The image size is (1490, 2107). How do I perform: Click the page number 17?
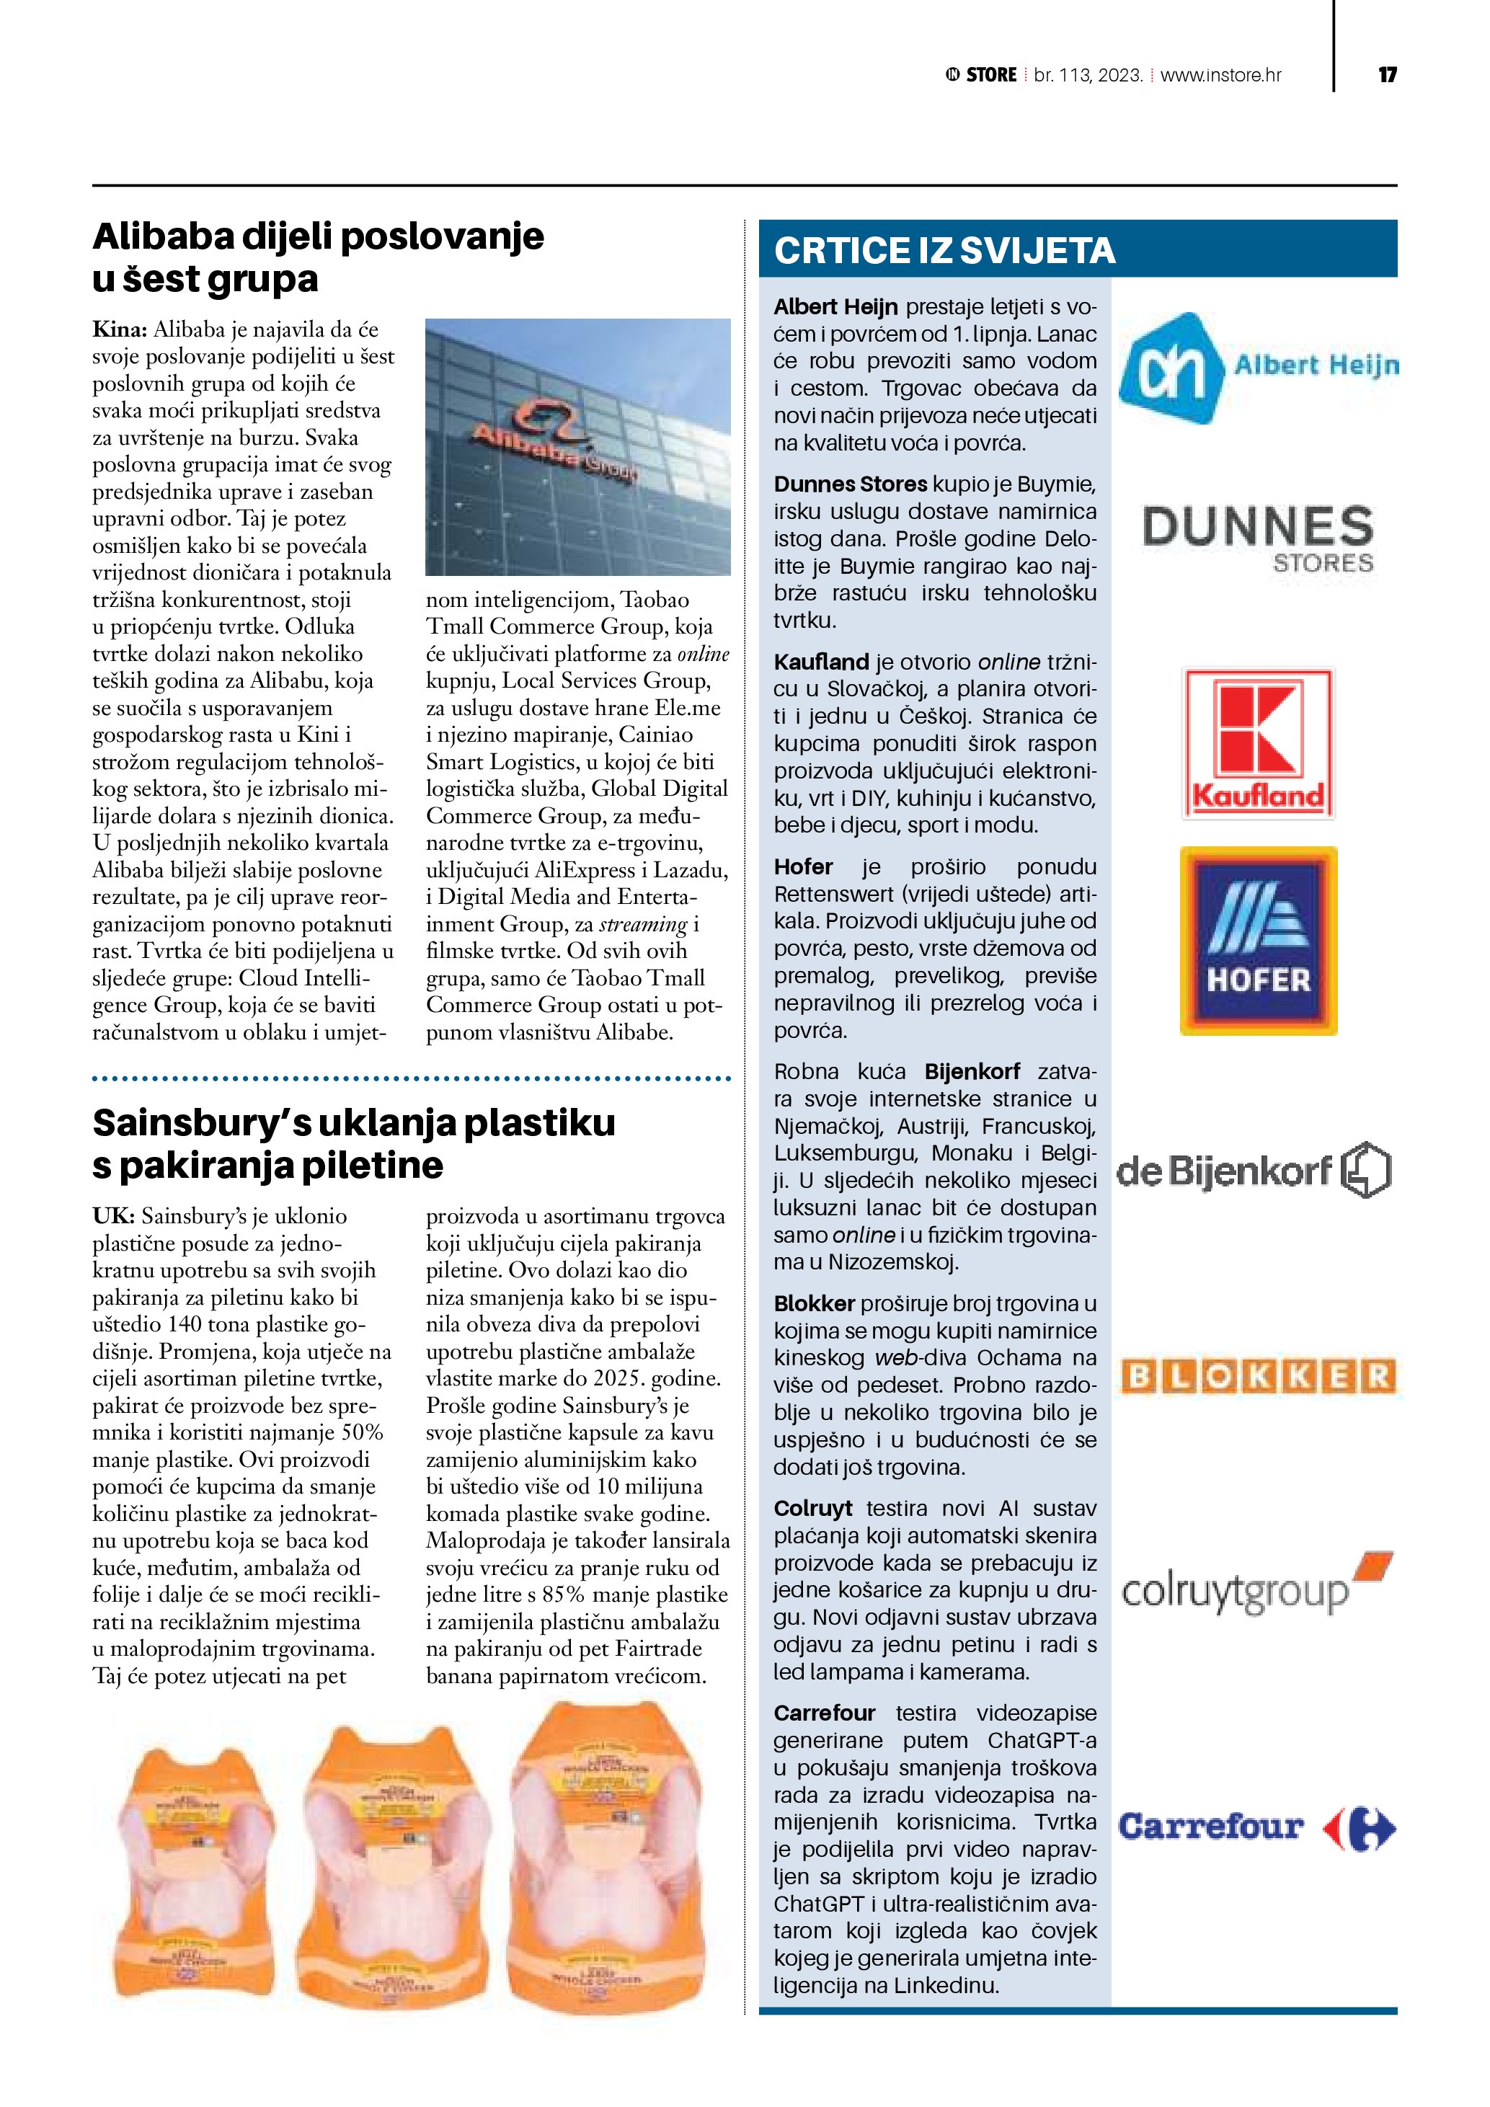click(x=1387, y=75)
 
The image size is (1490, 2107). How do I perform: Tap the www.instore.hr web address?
click(x=1220, y=75)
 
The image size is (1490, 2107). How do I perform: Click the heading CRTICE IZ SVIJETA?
click(x=944, y=251)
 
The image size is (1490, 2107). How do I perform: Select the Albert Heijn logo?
click(x=1258, y=367)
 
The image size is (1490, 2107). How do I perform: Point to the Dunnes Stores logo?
click(x=1258, y=538)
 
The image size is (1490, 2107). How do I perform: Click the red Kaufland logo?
click(x=1258, y=743)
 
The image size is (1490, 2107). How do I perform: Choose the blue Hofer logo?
click(x=1258, y=941)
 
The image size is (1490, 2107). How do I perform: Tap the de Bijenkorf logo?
click(x=1254, y=1170)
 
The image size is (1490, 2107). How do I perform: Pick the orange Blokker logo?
click(x=1257, y=1377)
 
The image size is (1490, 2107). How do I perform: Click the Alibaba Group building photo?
click(x=578, y=447)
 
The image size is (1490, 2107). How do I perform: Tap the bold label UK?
click(x=114, y=1216)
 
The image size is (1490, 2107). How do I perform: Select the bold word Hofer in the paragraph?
click(x=803, y=867)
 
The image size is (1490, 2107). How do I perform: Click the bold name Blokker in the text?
click(x=814, y=1304)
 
